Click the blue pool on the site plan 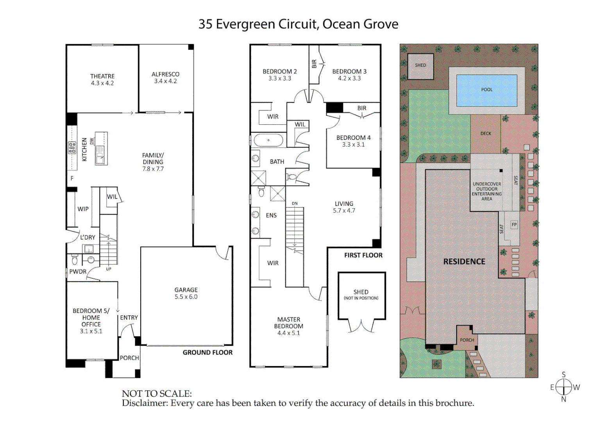pyautogui.click(x=486, y=90)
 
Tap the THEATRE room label pyautogui.click(x=102, y=76)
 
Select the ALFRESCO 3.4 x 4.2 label pyautogui.click(x=165, y=77)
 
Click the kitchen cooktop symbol pyautogui.click(x=72, y=147)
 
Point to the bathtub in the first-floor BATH pyautogui.click(x=268, y=140)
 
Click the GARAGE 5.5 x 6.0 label pyautogui.click(x=186, y=293)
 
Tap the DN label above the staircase pyautogui.click(x=295, y=204)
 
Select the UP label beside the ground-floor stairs pyautogui.click(x=109, y=269)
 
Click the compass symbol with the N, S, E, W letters pyautogui.click(x=564, y=387)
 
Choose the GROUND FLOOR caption pyautogui.click(x=207, y=352)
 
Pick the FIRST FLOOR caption pyautogui.click(x=363, y=255)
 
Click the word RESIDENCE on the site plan pyautogui.click(x=464, y=262)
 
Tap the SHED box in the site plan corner pyautogui.click(x=420, y=66)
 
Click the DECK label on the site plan pyautogui.click(x=486, y=134)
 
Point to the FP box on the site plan pyautogui.click(x=514, y=225)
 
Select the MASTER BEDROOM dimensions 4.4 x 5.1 pyautogui.click(x=288, y=333)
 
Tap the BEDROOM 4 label pyautogui.click(x=353, y=138)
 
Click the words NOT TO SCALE pyautogui.click(x=157, y=393)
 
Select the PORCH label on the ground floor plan pyautogui.click(x=129, y=358)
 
